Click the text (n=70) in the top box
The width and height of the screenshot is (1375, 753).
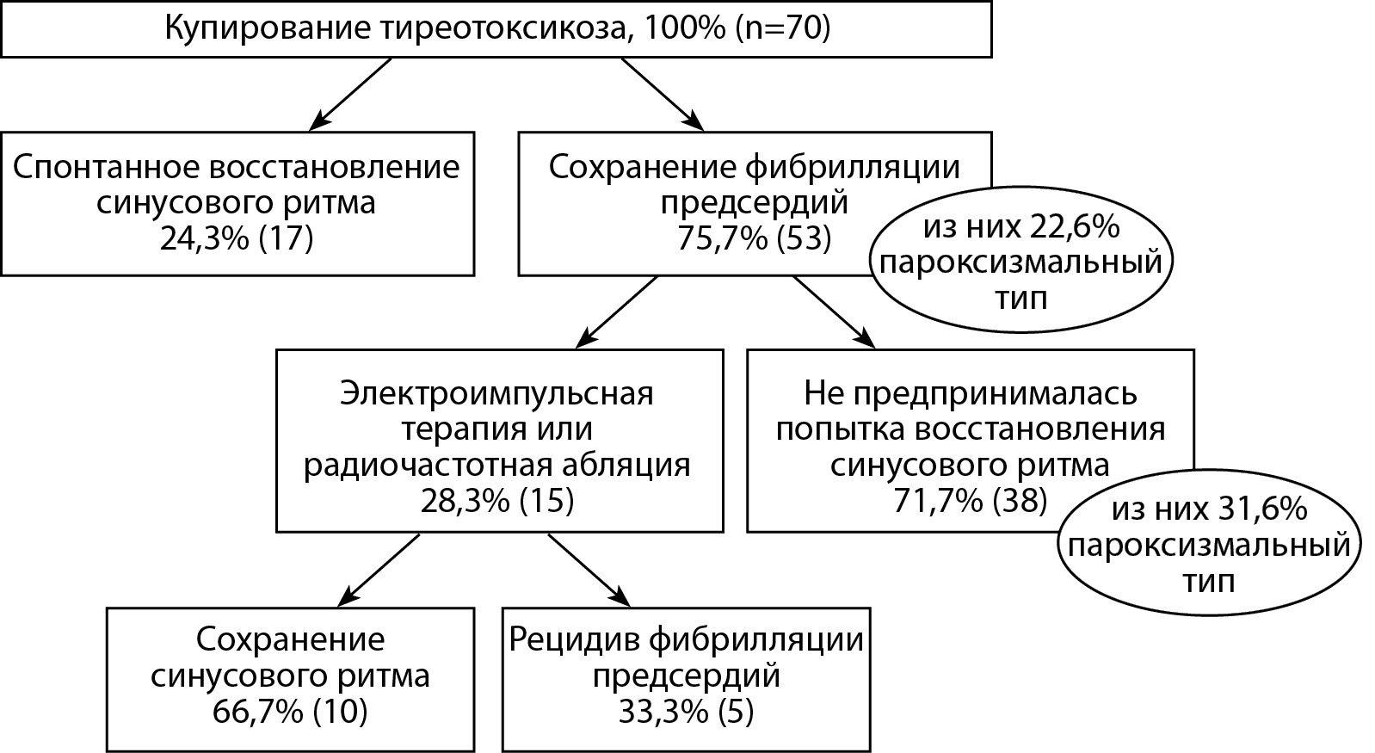(x=782, y=28)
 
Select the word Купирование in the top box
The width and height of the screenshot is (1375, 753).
(x=267, y=29)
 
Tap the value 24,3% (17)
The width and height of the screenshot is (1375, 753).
(x=237, y=238)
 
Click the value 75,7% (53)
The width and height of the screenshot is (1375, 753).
(x=755, y=238)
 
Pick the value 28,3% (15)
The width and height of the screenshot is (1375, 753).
(x=497, y=501)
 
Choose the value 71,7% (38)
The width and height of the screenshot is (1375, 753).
(x=970, y=501)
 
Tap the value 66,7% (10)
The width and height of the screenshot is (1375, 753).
(x=290, y=712)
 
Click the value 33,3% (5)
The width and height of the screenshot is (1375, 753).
(x=686, y=712)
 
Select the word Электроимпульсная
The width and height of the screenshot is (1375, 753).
(x=497, y=393)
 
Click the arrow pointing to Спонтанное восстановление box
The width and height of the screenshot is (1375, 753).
(x=350, y=95)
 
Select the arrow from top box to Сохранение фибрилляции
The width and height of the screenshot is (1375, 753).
(x=663, y=95)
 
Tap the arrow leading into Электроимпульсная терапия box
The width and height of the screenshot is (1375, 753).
(x=616, y=312)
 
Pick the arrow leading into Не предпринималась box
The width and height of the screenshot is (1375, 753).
(x=834, y=312)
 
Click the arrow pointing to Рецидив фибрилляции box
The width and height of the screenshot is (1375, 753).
(x=589, y=571)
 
